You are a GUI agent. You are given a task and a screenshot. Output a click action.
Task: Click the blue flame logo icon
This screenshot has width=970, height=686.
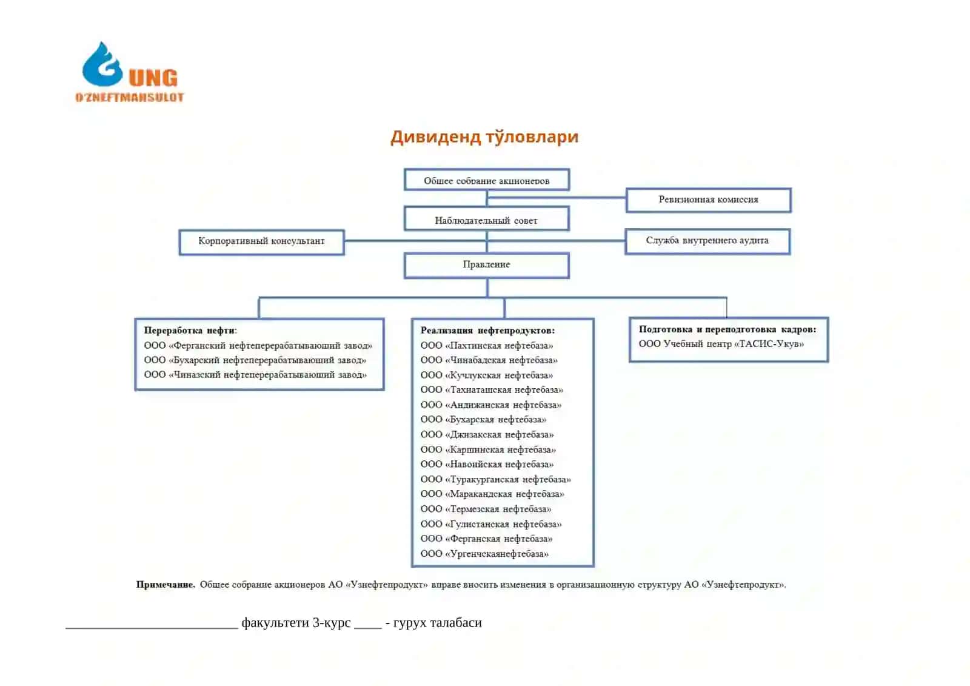point(102,64)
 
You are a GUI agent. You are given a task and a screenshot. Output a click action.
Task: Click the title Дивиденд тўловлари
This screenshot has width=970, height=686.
point(484,137)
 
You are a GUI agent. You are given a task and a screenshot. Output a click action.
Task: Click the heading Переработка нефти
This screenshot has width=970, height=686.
point(190,330)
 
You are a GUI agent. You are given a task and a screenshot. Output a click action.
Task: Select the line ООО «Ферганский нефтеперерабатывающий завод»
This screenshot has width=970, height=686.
point(258,345)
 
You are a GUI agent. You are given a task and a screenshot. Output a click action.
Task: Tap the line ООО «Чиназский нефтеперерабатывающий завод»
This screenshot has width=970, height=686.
point(255,374)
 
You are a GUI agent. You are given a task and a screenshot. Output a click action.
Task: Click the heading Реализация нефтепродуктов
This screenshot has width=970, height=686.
point(487,330)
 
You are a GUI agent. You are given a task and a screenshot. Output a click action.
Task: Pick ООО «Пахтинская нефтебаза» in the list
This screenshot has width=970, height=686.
point(487,345)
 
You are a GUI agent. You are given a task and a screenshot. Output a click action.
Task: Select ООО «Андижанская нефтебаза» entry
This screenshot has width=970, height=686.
point(491,405)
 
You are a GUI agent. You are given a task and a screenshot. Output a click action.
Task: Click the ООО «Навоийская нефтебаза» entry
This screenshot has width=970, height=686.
point(487,464)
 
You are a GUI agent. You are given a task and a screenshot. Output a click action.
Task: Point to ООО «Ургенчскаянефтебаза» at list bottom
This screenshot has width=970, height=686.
point(484,553)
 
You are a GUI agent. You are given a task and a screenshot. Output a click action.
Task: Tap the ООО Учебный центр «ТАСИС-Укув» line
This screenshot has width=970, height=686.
point(721,344)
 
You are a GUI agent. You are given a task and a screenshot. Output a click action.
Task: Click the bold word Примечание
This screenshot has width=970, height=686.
point(166,585)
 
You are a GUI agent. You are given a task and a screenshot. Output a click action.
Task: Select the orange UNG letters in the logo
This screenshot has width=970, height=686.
point(153,78)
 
